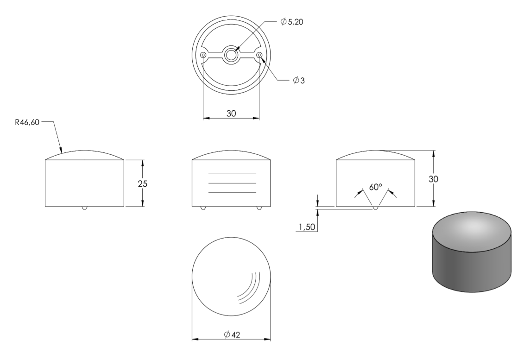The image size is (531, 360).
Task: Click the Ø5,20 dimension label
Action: (292, 22)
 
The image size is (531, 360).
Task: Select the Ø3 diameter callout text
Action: (299, 80)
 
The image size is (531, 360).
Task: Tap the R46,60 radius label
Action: (27, 122)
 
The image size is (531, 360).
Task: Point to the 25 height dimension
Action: (143, 183)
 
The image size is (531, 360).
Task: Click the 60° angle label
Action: (375, 187)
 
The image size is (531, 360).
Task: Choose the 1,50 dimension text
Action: (307, 227)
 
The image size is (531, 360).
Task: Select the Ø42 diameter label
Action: (232, 335)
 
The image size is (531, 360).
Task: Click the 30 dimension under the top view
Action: (231, 114)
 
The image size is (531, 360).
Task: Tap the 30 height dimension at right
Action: (434, 179)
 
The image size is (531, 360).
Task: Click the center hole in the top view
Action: (231, 55)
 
